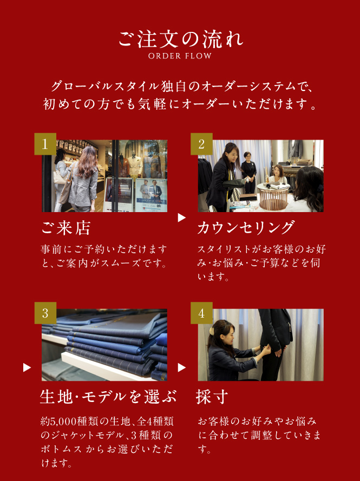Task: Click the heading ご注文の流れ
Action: [x=181, y=39]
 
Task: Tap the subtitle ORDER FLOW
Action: [x=180, y=56]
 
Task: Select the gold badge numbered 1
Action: [x=45, y=144]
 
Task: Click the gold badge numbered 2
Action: [x=201, y=144]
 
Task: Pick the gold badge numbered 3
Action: [x=45, y=313]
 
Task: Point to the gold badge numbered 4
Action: [x=201, y=313]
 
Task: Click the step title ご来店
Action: [x=66, y=228]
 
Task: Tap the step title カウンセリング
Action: [x=246, y=228]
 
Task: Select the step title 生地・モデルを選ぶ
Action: [x=108, y=397]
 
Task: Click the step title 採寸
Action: [x=212, y=397]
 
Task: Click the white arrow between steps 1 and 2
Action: [x=182, y=218]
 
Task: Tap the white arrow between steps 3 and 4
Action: [x=182, y=367]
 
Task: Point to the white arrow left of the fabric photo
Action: [x=27, y=367]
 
